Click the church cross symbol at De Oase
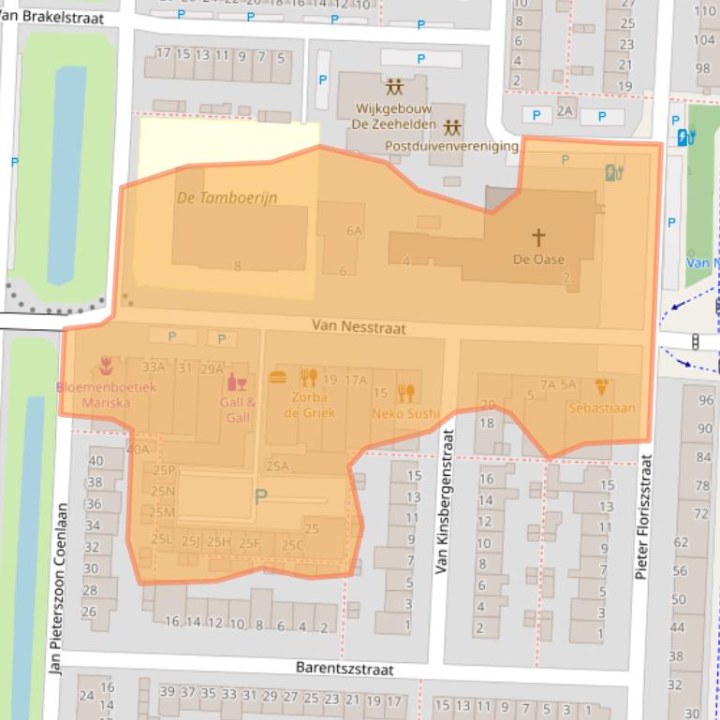[538, 238]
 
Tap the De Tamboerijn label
[227, 198]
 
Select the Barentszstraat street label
[345, 669]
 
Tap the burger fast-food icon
[278, 378]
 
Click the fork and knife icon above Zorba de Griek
[308, 378]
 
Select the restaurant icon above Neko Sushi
[405, 393]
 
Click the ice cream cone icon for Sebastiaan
[601, 387]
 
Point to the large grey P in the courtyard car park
[260, 497]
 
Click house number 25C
[292, 545]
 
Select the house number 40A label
[138, 450]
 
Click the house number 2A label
[565, 110]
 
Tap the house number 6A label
[354, 230]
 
